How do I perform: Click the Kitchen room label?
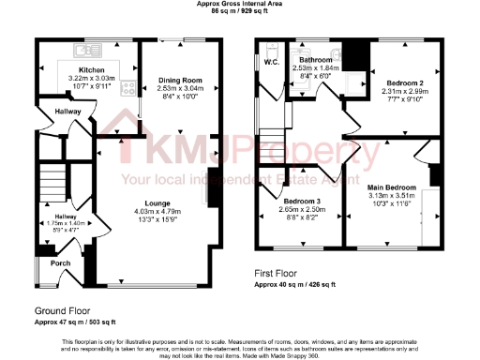[x=91, y=70]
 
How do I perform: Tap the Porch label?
[x=60, y=263]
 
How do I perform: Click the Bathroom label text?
[x=309, y=59]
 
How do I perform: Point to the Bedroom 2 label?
[x=405, y=82]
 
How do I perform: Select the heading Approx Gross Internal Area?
[x=239, y=4]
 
